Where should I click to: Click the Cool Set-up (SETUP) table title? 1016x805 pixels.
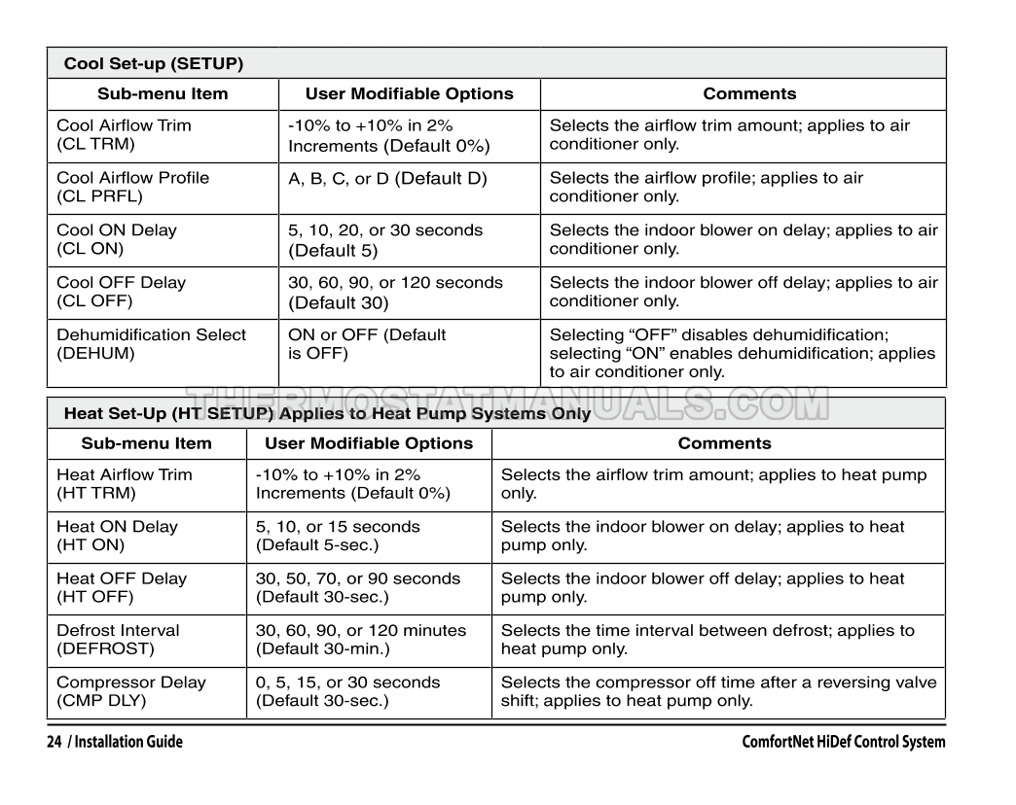coord(154,64)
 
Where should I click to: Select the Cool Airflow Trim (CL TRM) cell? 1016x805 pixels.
coord(124,135)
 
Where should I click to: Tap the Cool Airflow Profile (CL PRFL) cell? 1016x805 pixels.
coord(132,188)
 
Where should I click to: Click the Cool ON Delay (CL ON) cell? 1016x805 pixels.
coord(117,240)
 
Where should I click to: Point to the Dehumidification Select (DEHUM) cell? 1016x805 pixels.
coord(151,344)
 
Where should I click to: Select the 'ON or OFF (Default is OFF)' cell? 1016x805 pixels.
coord(367,344)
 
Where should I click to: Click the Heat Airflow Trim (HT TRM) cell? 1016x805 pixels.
coord(125,484)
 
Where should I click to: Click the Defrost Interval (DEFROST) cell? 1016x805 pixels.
coord(118,640)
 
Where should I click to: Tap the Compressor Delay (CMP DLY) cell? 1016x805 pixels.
coord(131,691)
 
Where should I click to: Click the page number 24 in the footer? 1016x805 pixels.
coord(54,743)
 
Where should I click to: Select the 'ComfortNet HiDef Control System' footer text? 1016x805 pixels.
coord(843,743)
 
